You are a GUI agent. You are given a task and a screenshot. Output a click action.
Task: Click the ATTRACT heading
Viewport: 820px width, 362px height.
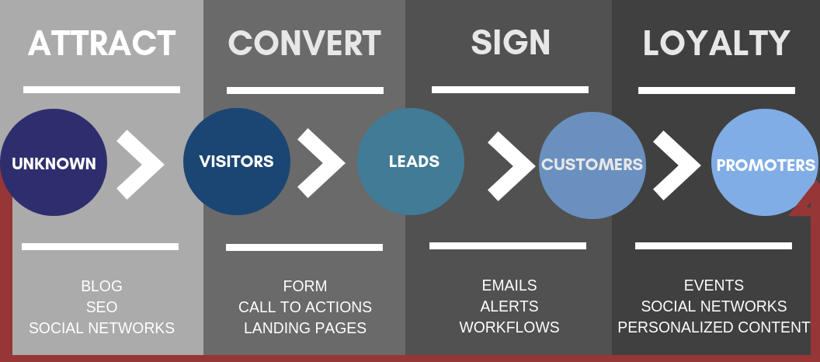coord(102,44)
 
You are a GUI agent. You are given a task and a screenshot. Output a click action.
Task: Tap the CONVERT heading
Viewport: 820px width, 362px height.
coord(304,44)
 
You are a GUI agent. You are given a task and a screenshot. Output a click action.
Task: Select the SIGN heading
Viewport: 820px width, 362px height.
coord(510,42)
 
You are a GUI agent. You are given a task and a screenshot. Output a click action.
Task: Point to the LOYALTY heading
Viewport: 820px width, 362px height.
coord(716,44)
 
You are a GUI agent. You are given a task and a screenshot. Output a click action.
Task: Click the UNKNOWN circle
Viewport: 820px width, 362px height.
coord(54,162)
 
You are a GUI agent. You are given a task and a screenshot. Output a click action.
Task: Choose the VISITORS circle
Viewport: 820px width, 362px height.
coord(237,161)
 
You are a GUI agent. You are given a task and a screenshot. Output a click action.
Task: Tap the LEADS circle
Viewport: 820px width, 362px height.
coord(411,161)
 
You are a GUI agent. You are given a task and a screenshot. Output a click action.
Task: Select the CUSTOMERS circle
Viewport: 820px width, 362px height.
coord(592,165)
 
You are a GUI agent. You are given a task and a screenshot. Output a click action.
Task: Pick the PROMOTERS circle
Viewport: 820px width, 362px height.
coord(765,162)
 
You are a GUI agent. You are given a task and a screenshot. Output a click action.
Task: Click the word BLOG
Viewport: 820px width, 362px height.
coord(102,286)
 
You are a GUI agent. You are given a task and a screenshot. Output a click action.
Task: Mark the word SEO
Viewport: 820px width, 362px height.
coord(102,307)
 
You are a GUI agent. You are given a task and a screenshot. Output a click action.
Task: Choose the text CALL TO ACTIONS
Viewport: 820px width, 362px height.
coord(305,307)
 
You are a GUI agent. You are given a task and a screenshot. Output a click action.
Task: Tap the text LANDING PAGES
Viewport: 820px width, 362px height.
coord(305,328)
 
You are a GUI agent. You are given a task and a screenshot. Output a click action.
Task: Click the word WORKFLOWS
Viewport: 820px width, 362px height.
coord(509,327)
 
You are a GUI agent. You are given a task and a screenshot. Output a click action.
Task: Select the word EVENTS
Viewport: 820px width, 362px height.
coord(714,285)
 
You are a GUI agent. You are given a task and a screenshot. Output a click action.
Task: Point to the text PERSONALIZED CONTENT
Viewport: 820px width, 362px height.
coord(714,327)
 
